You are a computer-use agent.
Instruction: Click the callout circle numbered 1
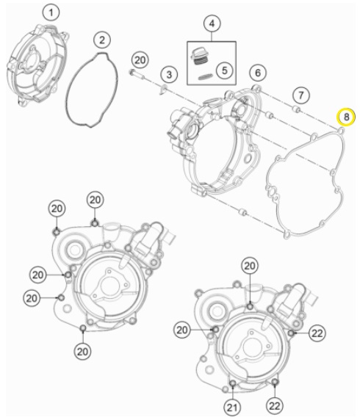pos(51,12)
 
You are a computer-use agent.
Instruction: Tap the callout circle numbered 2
pos(102,40)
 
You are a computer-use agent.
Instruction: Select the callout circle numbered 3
pos(169,74)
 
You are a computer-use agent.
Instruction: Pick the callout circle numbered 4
pos(212,23)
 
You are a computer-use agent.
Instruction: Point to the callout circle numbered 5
pos(224,70)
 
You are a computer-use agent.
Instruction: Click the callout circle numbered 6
pos(258,73)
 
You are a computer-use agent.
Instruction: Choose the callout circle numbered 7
pos(300,95)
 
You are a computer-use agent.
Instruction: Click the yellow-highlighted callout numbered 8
pos(346,117)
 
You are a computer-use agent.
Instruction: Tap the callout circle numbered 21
pos(232,408)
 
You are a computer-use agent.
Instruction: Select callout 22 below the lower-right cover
pos(275,406)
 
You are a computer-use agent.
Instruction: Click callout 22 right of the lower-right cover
pos(317,333)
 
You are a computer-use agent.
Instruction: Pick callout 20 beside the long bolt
pos(140,60)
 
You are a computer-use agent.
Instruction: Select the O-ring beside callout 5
pos(206,77)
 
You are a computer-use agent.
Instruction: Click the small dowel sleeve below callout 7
pos(296,109)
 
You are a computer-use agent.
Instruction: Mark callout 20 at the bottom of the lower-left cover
pos(82,352)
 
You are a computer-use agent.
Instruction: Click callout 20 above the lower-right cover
pos(250,266)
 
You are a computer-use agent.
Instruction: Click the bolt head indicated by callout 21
pos(233,383)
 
